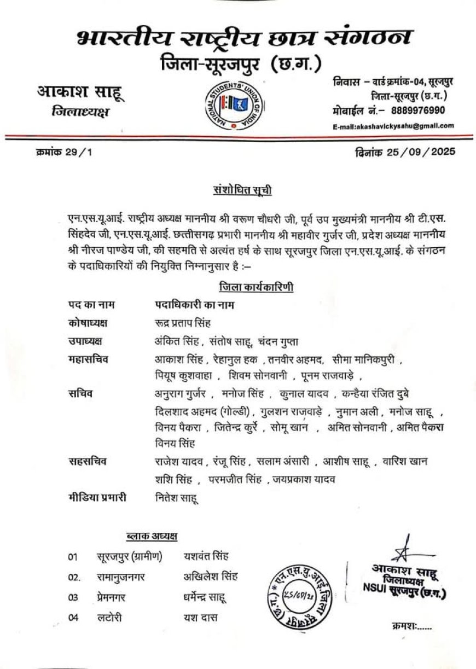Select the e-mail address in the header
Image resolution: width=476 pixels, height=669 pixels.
393,126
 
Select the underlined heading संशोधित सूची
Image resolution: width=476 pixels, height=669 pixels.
242,190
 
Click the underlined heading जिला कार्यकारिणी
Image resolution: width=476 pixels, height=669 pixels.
256,287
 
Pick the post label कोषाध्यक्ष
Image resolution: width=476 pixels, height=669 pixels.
88,323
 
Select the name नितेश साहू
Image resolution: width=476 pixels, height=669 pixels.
176,497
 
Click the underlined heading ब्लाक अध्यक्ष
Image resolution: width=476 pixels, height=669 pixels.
152,537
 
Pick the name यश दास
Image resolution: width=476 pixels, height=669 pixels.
200,618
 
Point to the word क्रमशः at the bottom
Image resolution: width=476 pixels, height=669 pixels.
411,626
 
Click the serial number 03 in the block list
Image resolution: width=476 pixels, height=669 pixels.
73,597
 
